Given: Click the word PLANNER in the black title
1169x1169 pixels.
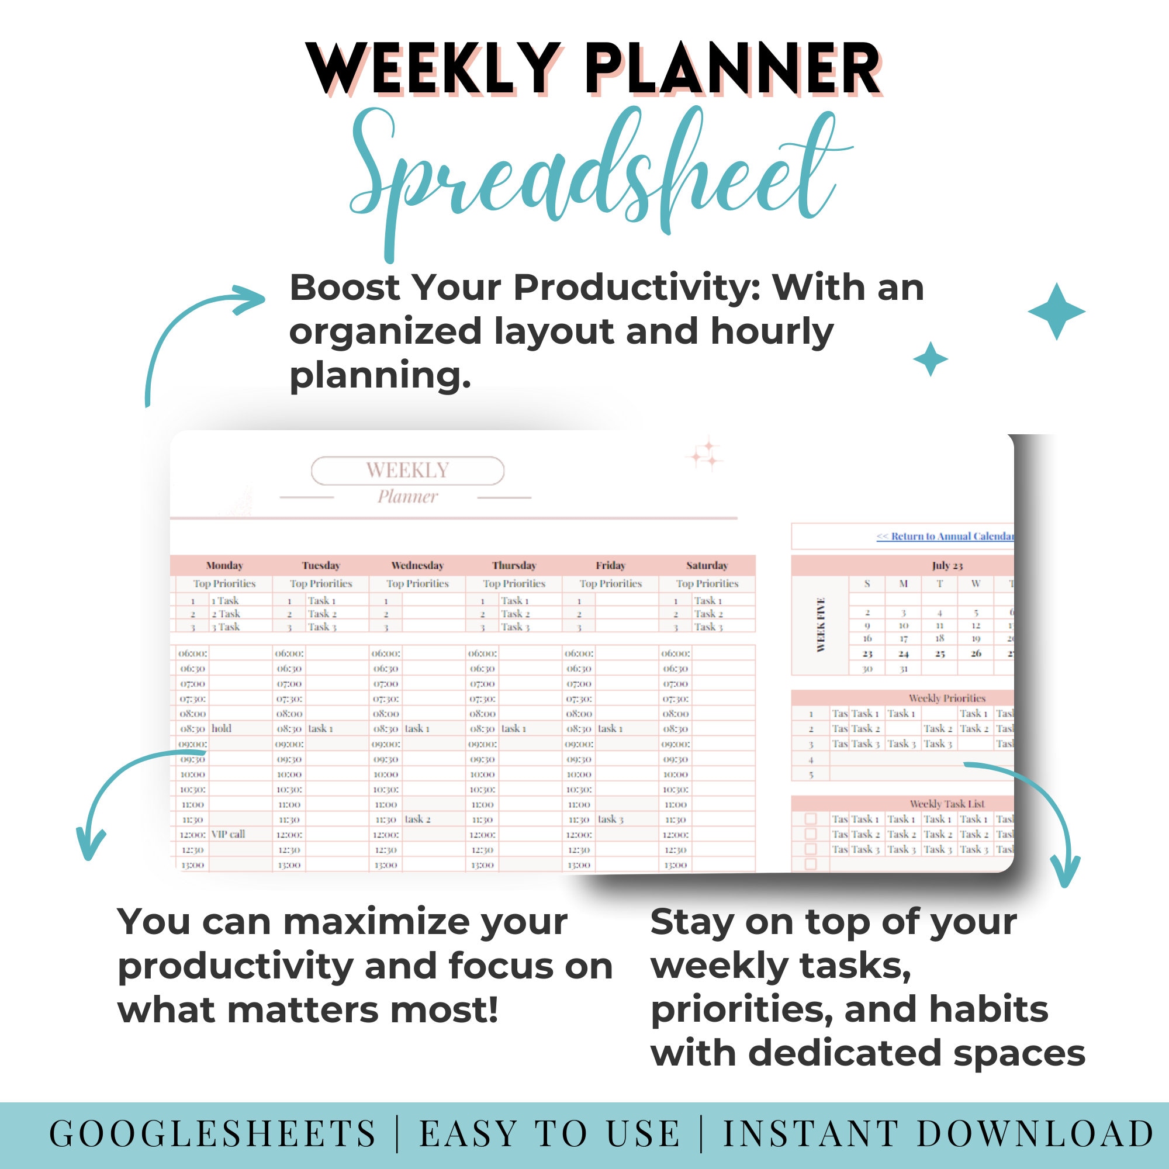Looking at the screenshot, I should pos(732,70).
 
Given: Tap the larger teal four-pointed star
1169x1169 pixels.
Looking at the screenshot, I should pos(1056,312).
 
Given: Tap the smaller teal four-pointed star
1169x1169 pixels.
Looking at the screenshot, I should pos(930,359).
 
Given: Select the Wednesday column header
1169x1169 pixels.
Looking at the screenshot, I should pos(417,565).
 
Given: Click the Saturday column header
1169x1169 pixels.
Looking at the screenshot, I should pos(707,565).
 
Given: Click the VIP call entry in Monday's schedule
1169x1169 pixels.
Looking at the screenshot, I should pos(228,834).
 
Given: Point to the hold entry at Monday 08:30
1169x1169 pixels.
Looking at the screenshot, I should pos(222,728).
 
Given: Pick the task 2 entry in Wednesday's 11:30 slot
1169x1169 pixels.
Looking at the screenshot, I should pos(417,819).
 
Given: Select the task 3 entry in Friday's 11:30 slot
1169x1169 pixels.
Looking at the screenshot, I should pos(611,819).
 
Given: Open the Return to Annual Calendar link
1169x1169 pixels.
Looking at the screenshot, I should pos(945,536).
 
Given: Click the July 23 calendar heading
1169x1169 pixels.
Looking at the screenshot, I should pos(947,565).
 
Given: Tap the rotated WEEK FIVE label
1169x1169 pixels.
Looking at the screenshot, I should pos(821,624).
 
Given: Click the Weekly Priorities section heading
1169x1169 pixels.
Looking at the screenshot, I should pos(947,698).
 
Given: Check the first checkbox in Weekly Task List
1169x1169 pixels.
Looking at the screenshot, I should pos(811,819).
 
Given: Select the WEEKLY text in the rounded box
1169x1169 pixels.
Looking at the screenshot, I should pos(407,470).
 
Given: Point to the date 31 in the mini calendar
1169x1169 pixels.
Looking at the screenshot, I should pos(904,669).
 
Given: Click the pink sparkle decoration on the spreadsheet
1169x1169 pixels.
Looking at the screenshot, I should pos(705,455).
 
